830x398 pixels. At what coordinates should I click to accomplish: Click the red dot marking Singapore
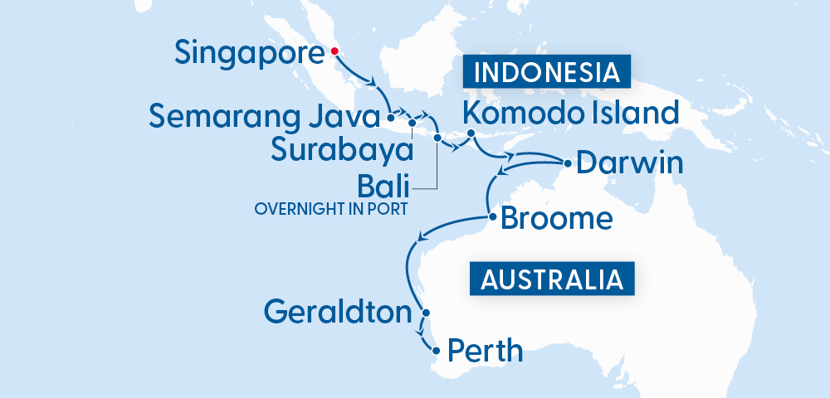(334, 51)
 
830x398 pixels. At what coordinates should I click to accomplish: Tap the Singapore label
(248, 55)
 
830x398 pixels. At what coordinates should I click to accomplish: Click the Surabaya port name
(341, 150)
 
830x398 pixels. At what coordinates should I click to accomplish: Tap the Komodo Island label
(570, 113)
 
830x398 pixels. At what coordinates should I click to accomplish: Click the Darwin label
(628, 163)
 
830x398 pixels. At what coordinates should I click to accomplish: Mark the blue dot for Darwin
(568, 163)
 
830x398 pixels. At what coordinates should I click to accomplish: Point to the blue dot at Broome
(494, 219)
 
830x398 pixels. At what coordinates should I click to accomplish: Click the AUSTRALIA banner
(552, 279)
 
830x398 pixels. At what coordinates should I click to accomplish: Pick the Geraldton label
(338, 313)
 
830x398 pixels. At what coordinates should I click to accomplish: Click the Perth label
(486, 351)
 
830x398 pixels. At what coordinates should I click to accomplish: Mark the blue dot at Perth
(436, 351)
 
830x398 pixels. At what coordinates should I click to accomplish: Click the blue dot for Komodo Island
(470, 133)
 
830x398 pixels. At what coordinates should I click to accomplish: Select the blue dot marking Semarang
(390, 117)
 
